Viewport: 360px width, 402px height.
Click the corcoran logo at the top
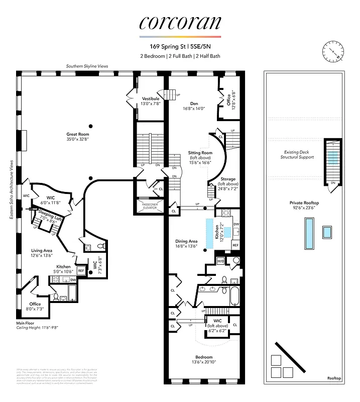pyautogui.click(x=179, y=23)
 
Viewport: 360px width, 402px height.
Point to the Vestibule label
pyautogui.click(x=151, y=102)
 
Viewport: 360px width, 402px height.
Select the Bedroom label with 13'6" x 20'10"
pyautogui.click(x=204, y=359)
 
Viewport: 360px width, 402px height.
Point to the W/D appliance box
pyautogui.click(x=220, y=261)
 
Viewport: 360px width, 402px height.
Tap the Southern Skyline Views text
pyautogui.click(x=87, y=66)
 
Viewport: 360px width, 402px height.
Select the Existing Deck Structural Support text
pyautogui.click(x=297, y=154)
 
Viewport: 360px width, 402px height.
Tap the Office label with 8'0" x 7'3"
pyautogui.click(x=35, y=307)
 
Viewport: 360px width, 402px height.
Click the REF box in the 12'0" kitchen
pyautogui.click(x=235, y=245)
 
